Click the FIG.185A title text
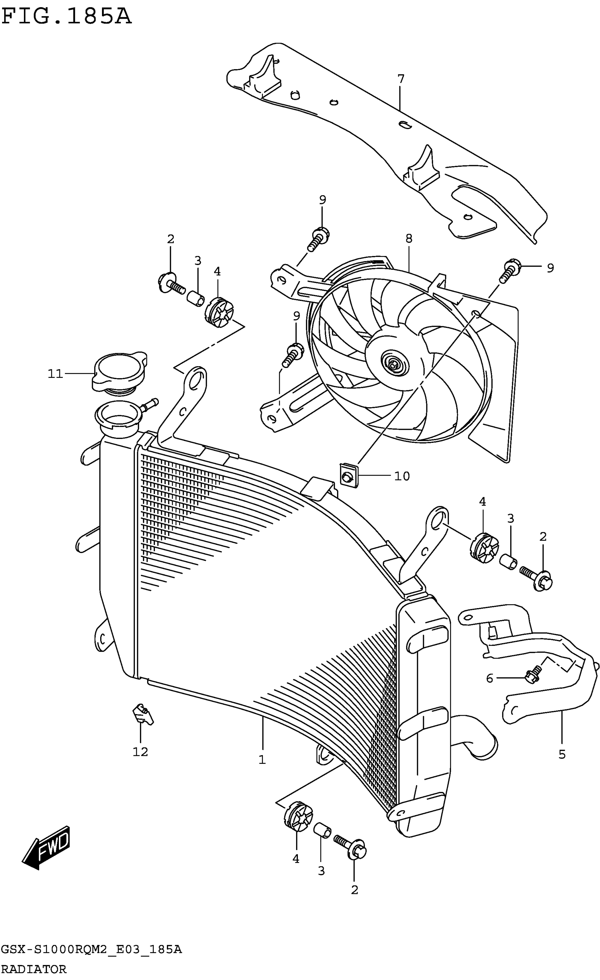(66, 17)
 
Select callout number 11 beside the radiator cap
(55, 374)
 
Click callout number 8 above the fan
(409, 239)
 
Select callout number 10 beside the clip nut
(402, 476)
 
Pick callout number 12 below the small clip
(140, 752)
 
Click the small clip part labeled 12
(142, 715)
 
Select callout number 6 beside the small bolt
(490, 678)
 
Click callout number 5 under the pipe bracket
(562, 754)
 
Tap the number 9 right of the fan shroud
(550, 268)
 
